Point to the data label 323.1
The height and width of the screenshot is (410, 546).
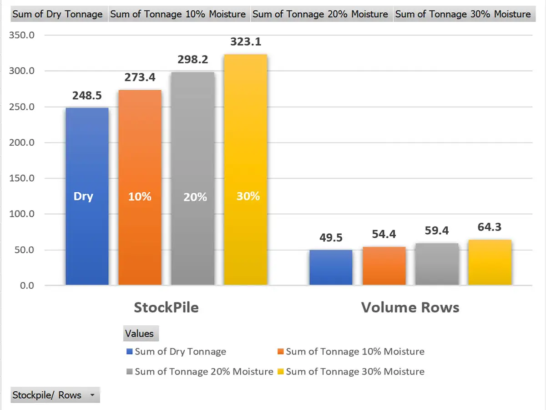246,42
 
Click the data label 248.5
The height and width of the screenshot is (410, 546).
87,96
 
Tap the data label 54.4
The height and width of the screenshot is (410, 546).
384,234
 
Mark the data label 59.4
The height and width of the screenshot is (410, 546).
436,231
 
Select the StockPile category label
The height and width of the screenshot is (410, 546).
166,307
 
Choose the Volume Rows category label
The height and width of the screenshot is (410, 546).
410,307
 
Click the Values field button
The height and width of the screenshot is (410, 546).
140,333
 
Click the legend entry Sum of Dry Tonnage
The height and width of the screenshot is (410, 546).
180,351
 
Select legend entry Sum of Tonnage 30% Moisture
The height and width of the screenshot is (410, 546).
355,371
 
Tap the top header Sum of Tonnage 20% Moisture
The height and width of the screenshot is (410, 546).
320,14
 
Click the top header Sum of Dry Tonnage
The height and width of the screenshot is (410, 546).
57,14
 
